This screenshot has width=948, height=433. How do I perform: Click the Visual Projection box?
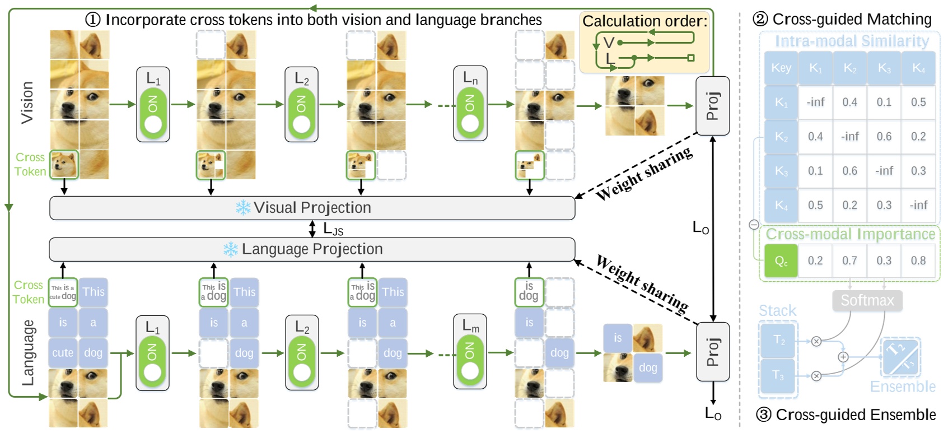tap(312, 208)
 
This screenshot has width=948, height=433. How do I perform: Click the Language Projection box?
tap(312, 249)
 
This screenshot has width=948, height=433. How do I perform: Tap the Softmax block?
tap(867, 300)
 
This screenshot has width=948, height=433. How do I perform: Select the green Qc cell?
tap(781, 260)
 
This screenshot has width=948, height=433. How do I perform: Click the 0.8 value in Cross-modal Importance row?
tap(918, 260)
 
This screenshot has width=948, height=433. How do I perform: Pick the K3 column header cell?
tap(884, 68)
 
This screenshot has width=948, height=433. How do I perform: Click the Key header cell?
tap(781, 68)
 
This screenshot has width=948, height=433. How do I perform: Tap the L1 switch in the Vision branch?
tap(153, 105)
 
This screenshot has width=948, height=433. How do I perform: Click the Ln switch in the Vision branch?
tap(470, 104)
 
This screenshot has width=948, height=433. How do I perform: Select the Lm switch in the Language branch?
tap(470, 353)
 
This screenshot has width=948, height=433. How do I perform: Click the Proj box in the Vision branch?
tap(712, 106)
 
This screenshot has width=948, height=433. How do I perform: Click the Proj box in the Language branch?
tap(712, 352)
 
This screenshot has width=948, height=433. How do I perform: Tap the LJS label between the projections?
tap(333, 229)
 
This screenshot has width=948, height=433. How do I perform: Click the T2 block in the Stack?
tap(778, 340)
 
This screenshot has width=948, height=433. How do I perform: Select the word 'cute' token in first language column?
tap(63, 353)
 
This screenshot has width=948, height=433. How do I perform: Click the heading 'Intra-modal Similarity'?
tap(851, 41)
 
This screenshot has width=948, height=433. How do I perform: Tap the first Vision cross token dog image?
tap(64, 165)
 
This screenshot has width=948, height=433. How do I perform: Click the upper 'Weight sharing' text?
tap(644, 173)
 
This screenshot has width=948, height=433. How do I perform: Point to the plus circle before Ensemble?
tap(843, 357)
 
